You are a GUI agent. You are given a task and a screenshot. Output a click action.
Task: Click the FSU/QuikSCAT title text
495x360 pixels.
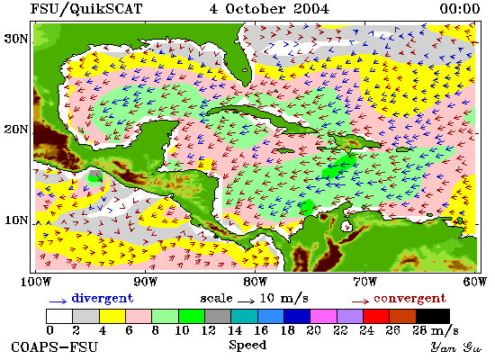click(86, 8)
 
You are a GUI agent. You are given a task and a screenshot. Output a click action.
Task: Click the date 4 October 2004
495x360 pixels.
click(269, 8)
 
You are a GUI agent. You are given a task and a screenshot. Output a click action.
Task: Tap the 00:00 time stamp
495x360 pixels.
click(460, 8)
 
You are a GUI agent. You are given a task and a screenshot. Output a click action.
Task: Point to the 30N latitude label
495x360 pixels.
click(16, 39)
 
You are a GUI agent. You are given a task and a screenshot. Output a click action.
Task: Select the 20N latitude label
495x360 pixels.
click(16, 130)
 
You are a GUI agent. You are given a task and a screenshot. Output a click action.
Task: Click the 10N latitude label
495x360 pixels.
click(16, 220)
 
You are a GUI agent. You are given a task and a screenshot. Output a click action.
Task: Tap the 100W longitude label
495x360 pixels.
click(36, 282)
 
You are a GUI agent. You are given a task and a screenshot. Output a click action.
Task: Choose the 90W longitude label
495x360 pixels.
click(145, 282)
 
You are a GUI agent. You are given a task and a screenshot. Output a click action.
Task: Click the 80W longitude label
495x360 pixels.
click(255, 282)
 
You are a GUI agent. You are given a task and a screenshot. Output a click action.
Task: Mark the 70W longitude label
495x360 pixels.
click(364, 282)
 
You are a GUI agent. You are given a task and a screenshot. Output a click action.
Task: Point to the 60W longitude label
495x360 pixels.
click(474, 282)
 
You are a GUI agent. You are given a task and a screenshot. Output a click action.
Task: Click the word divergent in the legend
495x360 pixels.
click(103, 298)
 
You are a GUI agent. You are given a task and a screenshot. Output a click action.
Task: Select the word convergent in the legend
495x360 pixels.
click(409, 299)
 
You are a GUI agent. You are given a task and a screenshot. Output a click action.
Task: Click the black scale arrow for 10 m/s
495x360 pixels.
click(247, 301)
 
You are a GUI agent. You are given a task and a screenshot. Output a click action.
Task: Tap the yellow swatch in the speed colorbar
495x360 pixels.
click(112, 316)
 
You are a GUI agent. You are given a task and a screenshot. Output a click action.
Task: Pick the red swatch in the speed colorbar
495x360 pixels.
click(376, 316)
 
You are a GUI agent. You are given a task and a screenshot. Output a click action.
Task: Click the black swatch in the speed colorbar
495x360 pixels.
click(433, 316)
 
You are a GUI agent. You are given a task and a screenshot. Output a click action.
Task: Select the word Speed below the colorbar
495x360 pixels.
click(247, 345)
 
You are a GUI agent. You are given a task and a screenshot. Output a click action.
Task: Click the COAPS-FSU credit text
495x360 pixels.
click(55, 346)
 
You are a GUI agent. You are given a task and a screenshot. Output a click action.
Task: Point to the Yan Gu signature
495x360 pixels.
click(456, 347)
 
